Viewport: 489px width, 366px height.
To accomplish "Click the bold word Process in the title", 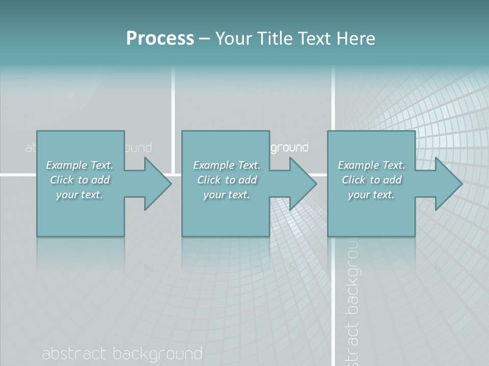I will tap(160, 39).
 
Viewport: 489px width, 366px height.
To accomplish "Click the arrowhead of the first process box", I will tap(155, 184).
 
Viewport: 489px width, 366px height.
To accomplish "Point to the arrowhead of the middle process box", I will tap(301, 184).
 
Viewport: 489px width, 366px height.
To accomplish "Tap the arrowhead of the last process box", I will tap(446, 184).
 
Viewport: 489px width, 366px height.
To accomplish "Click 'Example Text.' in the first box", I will tap(79, 165).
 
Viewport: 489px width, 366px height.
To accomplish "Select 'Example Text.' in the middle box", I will tap(226, 165).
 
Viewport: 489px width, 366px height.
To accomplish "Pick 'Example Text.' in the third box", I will tap(371, 165).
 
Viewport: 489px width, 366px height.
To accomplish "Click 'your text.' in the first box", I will tap(79, 195).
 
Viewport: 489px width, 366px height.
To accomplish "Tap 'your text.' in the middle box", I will tap(226, 195).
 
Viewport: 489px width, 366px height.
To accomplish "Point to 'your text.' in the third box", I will tap(371, 195).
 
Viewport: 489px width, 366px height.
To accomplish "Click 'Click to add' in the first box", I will tap(79, 180).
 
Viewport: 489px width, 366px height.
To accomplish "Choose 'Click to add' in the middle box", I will tap(226, 180).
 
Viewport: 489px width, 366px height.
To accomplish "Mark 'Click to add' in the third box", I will tap(371, 180).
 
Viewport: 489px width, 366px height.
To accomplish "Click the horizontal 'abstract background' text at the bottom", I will tap(122, 354).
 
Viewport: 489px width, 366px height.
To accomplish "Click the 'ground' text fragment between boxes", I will tap(289, 148).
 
